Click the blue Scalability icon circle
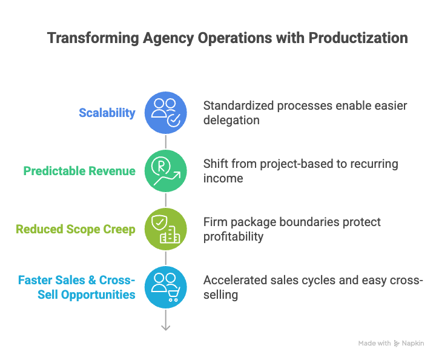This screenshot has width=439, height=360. click(165, 113)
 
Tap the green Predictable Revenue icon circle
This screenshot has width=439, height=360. click(165, 171)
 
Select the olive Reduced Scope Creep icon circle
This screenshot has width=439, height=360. click(165, 229)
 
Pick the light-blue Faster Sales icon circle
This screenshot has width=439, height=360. click(165, 287)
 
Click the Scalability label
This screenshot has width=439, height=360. click(107, 113)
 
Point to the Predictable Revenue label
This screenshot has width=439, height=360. click(79, 171)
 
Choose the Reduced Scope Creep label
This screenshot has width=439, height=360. click(76, 229)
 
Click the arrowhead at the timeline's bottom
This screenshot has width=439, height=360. click(165, 327)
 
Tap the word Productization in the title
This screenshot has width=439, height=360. click(358, 38)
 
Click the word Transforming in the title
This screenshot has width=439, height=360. click(93, 38)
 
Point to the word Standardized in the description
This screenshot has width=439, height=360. click(238, 106)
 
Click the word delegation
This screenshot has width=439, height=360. click(231, 120)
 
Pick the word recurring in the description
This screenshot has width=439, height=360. click(373, 164)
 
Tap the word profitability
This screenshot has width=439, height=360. click(233, 236)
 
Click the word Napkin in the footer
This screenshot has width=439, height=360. click(413, 343)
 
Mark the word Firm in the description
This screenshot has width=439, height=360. click(215, 222)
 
